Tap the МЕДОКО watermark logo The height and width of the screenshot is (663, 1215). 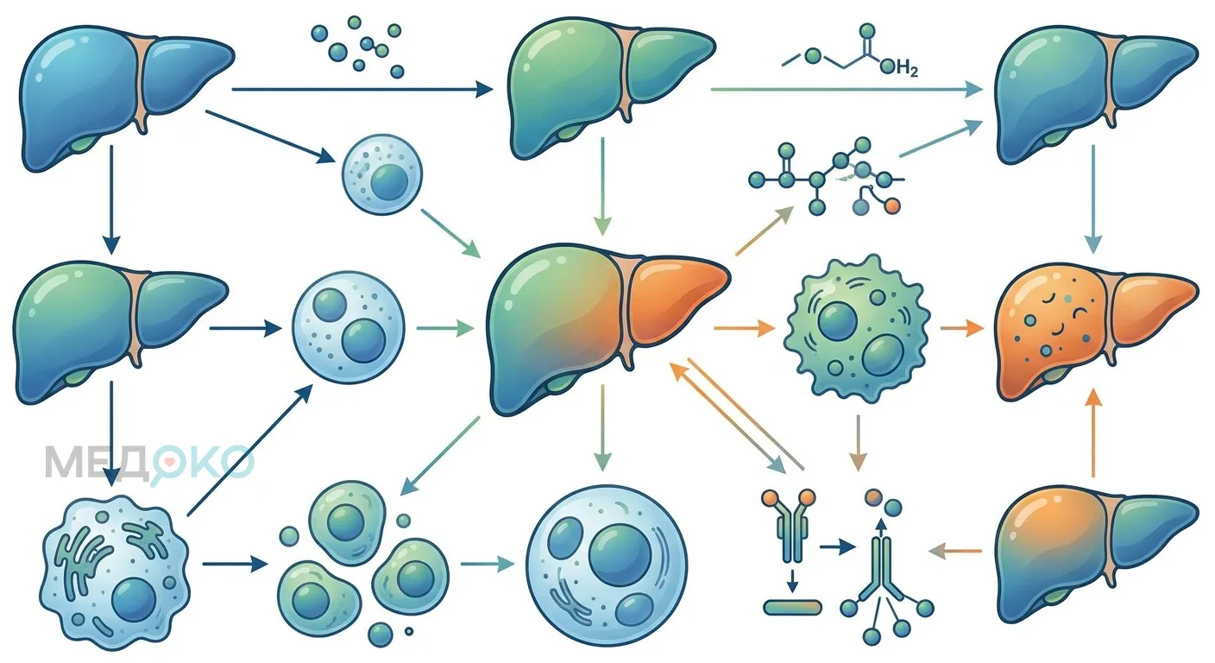tap(149, 462)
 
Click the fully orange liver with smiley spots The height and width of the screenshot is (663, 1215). tap(1096, 331)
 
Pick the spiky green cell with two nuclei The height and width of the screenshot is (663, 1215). tap(857, 328)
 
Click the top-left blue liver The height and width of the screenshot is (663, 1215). tap(126, 98)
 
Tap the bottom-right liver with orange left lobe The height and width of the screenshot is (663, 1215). tap(1097, 553)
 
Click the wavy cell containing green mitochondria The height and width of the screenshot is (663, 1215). tap(115, 572)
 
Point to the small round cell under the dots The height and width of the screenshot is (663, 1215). tap(382, 174)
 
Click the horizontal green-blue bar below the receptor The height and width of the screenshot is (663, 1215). tap(792, 607)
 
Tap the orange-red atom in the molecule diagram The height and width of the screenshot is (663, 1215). tap(891, 206)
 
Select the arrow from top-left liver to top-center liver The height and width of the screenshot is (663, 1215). tap(362, 89)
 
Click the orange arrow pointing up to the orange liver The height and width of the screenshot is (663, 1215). tap(1093, 433)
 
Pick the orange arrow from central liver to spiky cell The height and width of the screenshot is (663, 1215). tap(744, 328)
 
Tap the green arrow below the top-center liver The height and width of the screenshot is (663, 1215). tap(602, 186)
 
